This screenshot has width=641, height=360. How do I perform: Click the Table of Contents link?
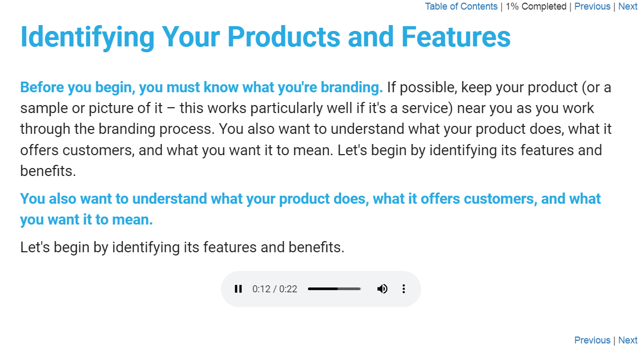pos(461,6)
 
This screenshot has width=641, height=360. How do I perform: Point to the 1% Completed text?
pos(536,6)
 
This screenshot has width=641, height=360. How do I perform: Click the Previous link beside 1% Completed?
pos(592,6)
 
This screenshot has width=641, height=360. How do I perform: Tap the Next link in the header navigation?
pos(628,6)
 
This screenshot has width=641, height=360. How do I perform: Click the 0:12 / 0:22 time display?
pos(275,289)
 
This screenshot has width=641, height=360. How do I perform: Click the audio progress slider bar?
pos(334,289)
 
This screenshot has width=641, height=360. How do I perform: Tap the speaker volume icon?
pos(382,289)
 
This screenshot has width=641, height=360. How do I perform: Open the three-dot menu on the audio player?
pos(403,289)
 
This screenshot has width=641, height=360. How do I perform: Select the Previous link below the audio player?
pos(592,340)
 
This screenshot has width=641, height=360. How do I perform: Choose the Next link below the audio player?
pos(628,340)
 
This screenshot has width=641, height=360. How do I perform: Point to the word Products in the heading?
pos(283,37)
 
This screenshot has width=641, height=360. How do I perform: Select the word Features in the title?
pos(456,37)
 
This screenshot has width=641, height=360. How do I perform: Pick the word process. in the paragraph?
pos(187,129)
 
